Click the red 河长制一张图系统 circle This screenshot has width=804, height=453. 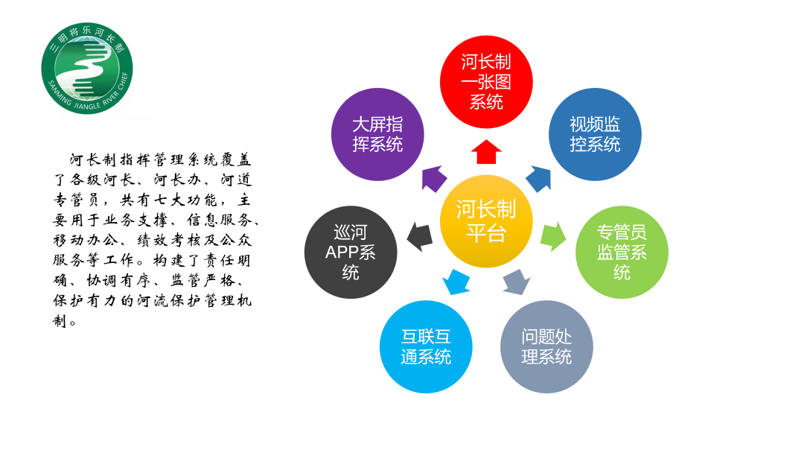(486, 82)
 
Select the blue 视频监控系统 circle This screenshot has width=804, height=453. (595, 134)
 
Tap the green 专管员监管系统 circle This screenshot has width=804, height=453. (622, 253)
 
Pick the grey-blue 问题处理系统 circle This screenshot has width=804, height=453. (546, 346)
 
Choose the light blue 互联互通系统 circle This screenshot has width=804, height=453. (426, 346)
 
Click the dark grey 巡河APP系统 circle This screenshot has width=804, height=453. (351, 253)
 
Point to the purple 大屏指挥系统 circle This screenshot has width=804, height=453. (377, 134)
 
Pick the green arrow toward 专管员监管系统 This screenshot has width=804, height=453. (552, 235)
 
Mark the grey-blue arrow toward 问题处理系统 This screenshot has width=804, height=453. (516, 282)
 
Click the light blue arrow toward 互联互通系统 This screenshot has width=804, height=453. (456, 282)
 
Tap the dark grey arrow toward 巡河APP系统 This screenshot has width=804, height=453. (420, 235)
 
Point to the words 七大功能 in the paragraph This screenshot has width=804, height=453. (185, 200)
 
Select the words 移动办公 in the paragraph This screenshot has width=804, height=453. (86, 241)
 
